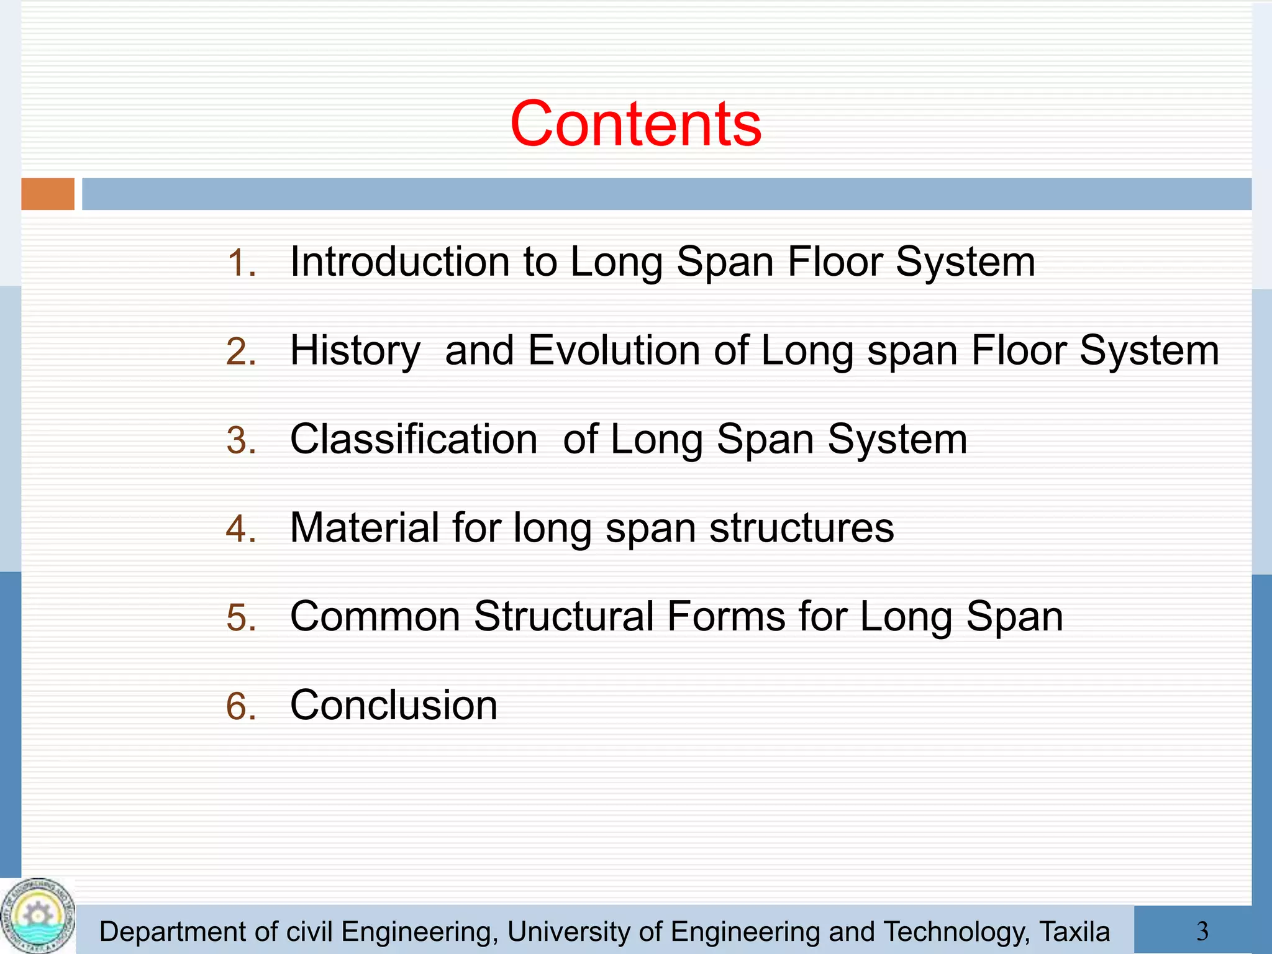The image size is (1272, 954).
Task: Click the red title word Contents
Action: click(x=635, y=124)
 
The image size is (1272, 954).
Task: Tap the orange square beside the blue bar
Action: click(x=48, y=194)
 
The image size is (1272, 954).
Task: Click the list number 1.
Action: click(x=241, y=263)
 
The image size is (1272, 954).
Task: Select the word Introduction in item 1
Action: click(x=399, y=261)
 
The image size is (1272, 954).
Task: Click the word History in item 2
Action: click(x=355, y=351)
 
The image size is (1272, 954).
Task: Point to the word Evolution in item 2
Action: click(x=614, y=350)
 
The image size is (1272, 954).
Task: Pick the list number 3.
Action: click(x=241, y=441)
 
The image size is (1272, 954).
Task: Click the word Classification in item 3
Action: click(x=414, y=439)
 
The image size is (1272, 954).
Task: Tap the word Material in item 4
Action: click(x=365, y=528)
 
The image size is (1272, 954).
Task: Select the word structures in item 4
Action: click(x=801, y=529)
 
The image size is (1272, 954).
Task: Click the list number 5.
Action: click(x=241, y=619)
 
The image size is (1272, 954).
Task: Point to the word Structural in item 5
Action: click(x=563, y=617)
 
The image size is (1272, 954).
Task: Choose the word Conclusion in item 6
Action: click(x=394, y=706)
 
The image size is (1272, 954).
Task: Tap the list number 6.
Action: click(x=241, y=707)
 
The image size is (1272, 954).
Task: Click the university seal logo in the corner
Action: click(x=37, y=916)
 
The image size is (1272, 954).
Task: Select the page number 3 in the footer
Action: click(x=1202, y=931)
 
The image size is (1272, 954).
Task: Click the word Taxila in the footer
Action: click(x=1074, y=932)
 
